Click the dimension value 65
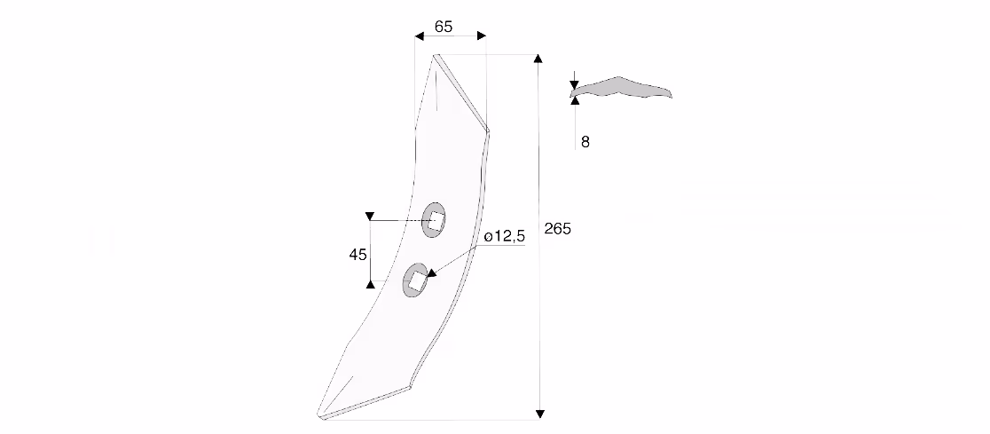tap(444, 27)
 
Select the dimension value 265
tap(557, 229)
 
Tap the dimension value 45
tap(358, 255)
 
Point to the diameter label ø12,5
tap(505, 236)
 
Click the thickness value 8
tap(585, 142)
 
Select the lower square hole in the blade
tap(415, 280)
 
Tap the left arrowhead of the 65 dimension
tap(420, 36)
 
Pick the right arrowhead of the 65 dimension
tap(482, 36)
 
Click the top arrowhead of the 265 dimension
tap(538, 59)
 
